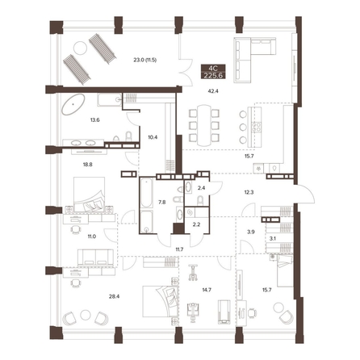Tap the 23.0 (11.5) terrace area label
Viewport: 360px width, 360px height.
[x=145, y=60]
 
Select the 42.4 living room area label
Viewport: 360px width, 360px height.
[x=213, y=91]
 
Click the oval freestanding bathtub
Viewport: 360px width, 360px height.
[x=73, y=104]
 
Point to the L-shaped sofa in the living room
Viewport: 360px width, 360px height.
[x=254, y=60]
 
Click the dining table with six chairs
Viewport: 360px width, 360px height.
[x=204, y=125]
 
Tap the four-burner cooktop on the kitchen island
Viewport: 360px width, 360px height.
[x=256, y=127]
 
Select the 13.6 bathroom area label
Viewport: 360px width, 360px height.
[x=94, y=120]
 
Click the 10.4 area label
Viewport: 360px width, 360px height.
[x=153, y=137]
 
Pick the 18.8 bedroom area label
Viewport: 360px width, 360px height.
[x=88, y=165]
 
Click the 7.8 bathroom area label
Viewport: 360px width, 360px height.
[x=162, y=203]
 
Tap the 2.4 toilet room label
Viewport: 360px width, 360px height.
[x=201, y=188]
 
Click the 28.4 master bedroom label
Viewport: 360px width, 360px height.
[x=114, y=297]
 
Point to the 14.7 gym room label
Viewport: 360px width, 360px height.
[x=207, y=290]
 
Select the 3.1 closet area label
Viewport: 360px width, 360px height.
[x=273, y=238]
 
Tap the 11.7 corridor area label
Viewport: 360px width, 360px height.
[x=178, y=249]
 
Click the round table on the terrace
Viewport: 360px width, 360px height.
[x=80, y=48]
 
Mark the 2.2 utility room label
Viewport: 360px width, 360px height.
[x=197, y=224]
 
